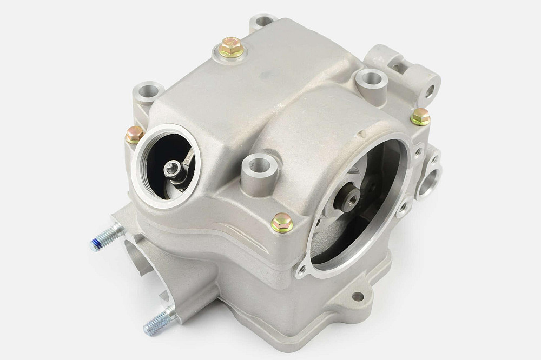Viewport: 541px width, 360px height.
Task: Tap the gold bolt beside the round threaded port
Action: (x=134, y=134)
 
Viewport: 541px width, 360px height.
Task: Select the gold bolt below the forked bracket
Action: (x=420, y=116)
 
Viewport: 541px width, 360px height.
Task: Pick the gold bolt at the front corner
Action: (x=282, y=221)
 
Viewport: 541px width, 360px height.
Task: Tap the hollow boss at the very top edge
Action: (x=262, y=22)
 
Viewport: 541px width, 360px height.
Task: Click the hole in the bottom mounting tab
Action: (x=358, y=296)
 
